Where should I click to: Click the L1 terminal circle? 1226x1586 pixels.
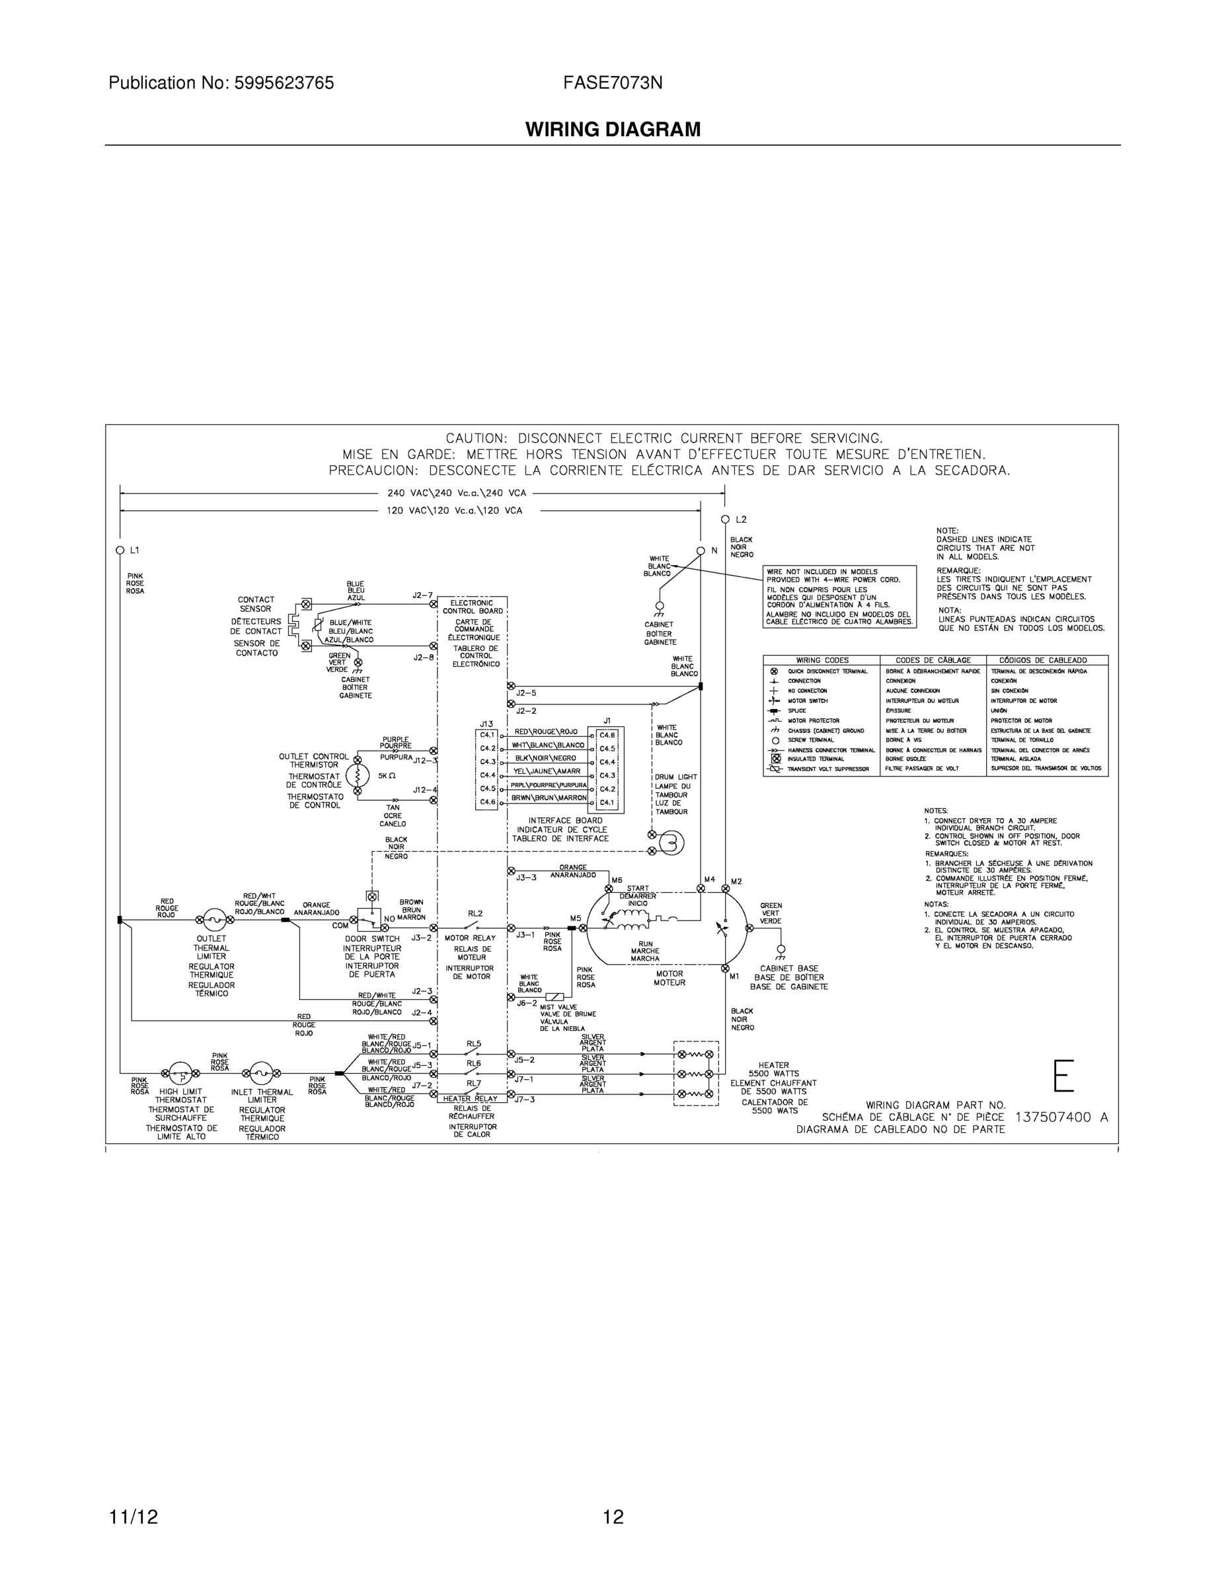click(x=120, y=550)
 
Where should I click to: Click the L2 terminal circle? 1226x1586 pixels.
click(x=725, y=519)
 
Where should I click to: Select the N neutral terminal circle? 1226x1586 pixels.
click(x=701, y=550)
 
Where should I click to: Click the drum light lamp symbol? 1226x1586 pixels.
click(x=671, y=843)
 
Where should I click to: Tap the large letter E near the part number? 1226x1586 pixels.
click(x=1063, y=1076)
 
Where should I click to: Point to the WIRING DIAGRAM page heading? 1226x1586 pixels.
click(x=613, y=130)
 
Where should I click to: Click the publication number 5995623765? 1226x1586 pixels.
click(x=284, y=83)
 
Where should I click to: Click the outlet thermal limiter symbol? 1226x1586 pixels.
click(x=213, y=920)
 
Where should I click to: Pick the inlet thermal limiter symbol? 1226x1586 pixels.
click(x=261, y=1073)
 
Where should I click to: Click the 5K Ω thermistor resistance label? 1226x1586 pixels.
click(x=387, y=775)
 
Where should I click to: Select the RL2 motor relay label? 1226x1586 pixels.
click(x=475, y=913)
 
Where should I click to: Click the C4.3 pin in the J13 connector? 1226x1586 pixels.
click(x=487, y=761)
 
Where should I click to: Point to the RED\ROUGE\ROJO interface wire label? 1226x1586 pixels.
click(x=546, y=732)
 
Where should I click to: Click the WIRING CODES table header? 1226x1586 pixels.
click(x=822, y=660)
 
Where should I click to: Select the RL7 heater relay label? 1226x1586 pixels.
click(x=474, y=1082)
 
